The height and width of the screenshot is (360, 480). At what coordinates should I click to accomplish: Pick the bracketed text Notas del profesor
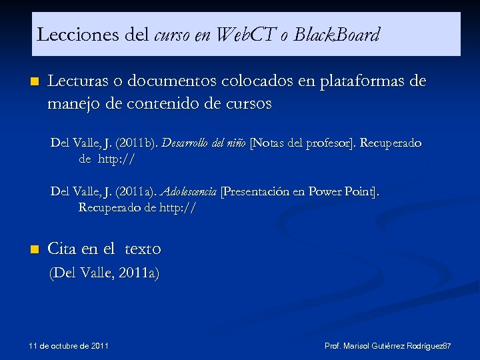(x=303, y=143)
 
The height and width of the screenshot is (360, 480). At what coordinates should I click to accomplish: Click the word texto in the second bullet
(x=143, y=249)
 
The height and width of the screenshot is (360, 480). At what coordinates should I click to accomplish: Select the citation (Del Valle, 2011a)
(x=105, y=273)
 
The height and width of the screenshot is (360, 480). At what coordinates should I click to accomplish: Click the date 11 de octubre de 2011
(x=69, y=346)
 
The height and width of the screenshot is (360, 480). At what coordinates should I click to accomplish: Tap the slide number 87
(x=447, y=347)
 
